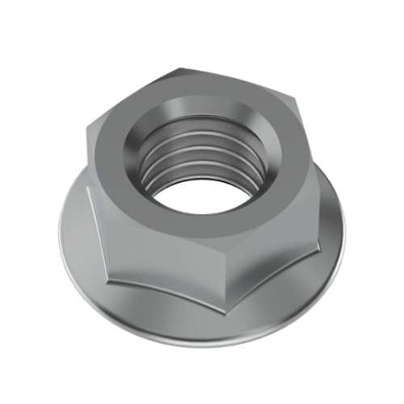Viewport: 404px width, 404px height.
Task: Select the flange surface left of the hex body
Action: [74, 234]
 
